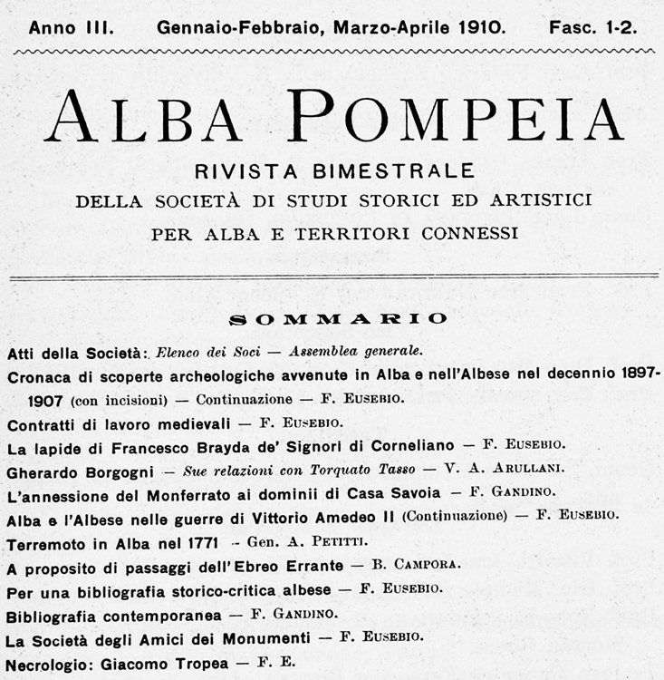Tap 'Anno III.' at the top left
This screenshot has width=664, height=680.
click(x=71, y=27)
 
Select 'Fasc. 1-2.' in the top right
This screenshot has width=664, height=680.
click(x=592, y=27)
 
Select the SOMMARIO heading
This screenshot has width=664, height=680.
click(x=338, y=318)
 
